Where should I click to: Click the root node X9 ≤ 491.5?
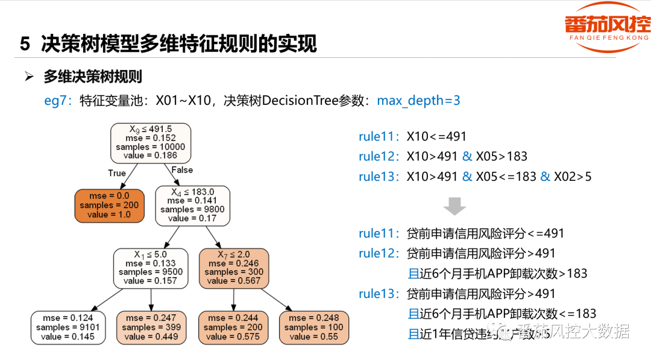coord(150,142)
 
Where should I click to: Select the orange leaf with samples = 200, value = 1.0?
coord(110,206)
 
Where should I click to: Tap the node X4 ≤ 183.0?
coord(192,205)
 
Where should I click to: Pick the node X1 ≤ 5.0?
coord(151,268)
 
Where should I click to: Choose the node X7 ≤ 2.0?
coord(234,268)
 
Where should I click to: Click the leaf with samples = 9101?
coord(68,327)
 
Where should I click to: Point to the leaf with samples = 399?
coord(151,327)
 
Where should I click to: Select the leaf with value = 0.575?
coord(233,327)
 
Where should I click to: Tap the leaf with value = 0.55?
coord(313,327)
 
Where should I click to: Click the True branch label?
coord(117,173)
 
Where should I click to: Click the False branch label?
coord(182,170)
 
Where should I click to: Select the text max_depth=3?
coord(418,100)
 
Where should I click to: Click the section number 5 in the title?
coord(25,44)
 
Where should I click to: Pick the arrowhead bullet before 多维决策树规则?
coord(28,77)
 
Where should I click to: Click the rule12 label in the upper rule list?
coord(379,156)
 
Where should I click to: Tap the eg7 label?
coord(58,100)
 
